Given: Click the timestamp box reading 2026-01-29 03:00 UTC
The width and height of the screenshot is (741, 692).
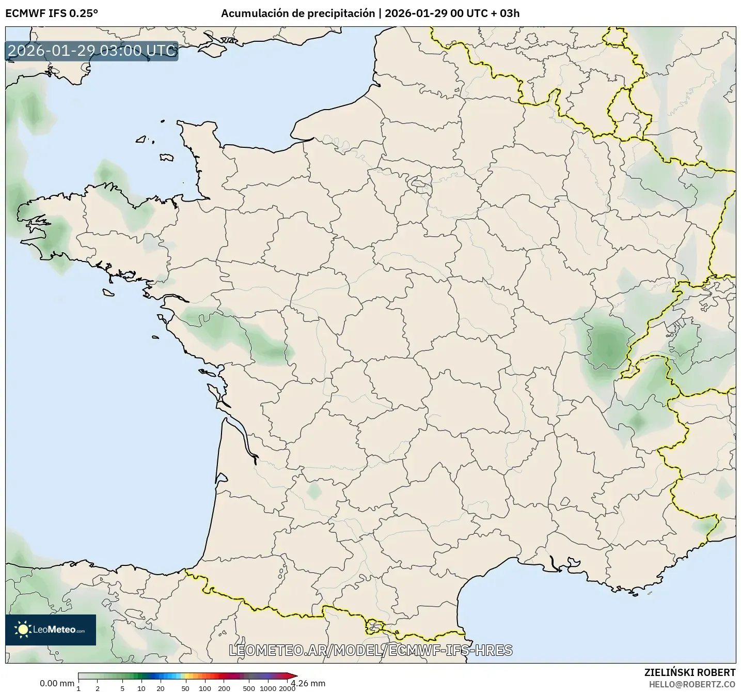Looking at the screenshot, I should (x=92, y=51).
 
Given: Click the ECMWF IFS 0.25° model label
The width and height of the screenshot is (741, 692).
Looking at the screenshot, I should (x=52, y=13).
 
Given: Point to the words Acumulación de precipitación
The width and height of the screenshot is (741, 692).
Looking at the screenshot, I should (x=298, y=13).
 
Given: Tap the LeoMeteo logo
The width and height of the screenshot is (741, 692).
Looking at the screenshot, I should (x=51, y=629).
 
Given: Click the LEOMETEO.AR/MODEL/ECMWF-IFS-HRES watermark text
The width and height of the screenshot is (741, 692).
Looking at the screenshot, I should (x=371, y=650).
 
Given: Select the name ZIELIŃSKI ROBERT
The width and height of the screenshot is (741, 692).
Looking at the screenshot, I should (x=690, y=672).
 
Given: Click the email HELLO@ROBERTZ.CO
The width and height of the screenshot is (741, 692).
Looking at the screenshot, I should (x=692, y=684).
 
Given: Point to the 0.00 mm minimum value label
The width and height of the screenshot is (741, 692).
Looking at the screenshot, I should (x=57, y=683).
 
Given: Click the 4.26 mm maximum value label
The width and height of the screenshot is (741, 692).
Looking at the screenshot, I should (x=308, y=683).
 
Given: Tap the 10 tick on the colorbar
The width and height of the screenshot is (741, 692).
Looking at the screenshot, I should (x=141, y=688).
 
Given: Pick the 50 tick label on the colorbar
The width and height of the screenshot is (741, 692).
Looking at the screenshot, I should (x=185, y=688).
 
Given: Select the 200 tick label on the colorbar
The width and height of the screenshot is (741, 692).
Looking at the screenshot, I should (x=224, y=688).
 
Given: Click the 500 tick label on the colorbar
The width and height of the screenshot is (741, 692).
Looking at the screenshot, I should (x=249, y=688).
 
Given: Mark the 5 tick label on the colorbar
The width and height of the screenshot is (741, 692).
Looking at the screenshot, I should (x=122, y=688).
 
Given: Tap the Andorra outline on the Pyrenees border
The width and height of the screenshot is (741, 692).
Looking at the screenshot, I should (x=374, y=626).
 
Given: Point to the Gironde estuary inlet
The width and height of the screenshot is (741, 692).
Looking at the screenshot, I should (x=240, y=437).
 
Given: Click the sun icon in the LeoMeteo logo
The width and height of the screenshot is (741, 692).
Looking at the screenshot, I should (x=23, y=629).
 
